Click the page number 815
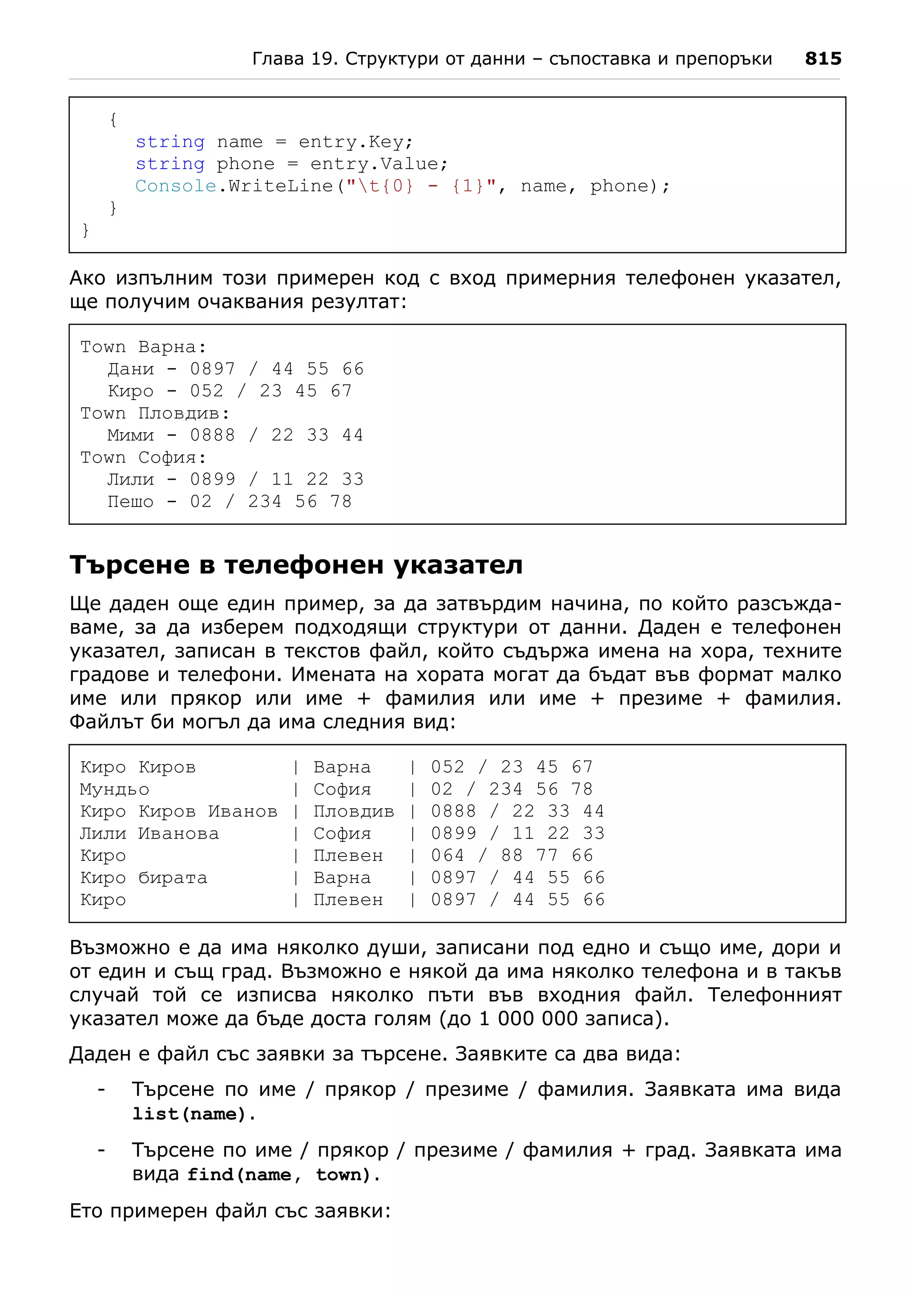(x=822, y=59)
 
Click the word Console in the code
(x=176, y=186)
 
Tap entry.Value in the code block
(x=379, y=164)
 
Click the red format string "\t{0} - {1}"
(x=420, y=186)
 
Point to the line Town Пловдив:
(x=155, y=413)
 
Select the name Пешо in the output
(x=130, y=502)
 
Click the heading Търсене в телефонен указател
(x=296, y=565)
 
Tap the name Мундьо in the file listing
(x=115, y=789)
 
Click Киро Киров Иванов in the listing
(x=178, y=811)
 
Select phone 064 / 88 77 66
(x=512, y=855)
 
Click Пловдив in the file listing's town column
(x=353, y=811)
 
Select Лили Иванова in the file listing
(x=149, y=833)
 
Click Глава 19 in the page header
(x=294, y=59)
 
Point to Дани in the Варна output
(x=130, y=369)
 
